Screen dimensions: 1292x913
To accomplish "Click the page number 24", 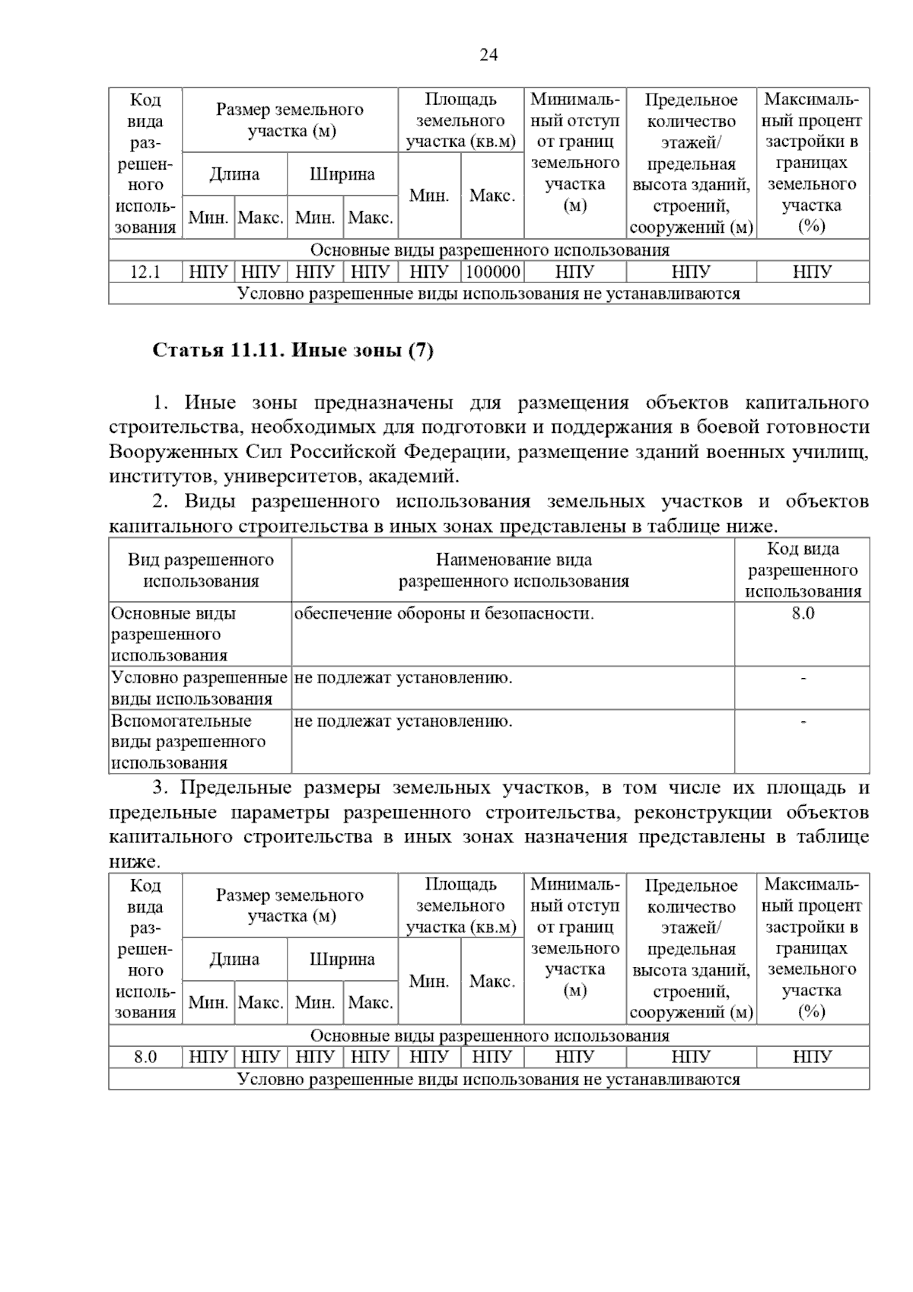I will point(488,55).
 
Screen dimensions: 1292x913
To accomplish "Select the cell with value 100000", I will point(492,272).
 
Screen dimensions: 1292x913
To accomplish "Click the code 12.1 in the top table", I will point(145,272).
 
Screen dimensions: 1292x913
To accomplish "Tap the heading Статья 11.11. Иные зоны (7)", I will point(293,350).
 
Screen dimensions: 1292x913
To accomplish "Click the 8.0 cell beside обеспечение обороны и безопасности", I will point(802,613).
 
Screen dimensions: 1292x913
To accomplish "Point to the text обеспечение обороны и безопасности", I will point(444,613).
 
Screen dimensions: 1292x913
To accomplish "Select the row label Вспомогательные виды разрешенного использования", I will point(188,742).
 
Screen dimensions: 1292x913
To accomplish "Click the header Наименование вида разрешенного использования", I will point(514,571).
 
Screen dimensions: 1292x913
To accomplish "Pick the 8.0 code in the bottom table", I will point(145,1057).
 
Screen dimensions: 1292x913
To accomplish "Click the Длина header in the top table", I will point(234,174).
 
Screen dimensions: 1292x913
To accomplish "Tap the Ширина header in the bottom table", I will point(342,959).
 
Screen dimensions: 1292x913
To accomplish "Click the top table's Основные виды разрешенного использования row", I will point(489,250).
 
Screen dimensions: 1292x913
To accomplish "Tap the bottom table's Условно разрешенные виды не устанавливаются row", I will point(489,1079).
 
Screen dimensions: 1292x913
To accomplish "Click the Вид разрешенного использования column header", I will point(200,571).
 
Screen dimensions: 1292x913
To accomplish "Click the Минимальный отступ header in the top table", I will point(575,152).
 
